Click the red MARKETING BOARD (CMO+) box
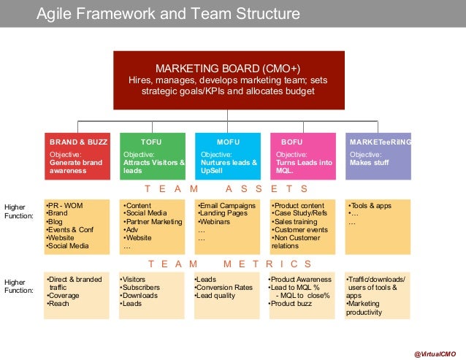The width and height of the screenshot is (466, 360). point(229,80)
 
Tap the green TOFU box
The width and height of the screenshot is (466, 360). point(153,156)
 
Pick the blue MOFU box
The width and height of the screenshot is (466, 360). point(228,156)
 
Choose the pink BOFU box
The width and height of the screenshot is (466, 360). point(303,156)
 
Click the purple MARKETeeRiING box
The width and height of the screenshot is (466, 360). point(378,156)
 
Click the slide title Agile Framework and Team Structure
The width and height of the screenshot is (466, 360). point(168,14)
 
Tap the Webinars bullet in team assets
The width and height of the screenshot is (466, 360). point(217,221)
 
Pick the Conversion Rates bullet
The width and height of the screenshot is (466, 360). point(224,287)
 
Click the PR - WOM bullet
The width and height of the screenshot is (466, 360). point(66,205)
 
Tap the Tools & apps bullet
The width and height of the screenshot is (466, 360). point(371,205)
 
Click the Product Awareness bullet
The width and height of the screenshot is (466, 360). point(301,279)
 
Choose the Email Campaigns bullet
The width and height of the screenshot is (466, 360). point(228,205)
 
